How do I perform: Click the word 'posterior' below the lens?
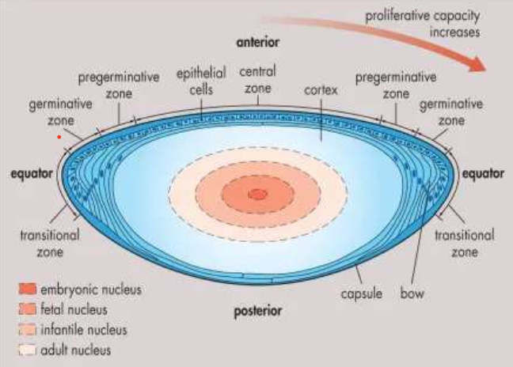pyautogui.click(x=256, y=312)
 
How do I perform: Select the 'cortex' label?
pyautogui.click(x=321, y=91)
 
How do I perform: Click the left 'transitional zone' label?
pyautogui.click(x=49, y=243)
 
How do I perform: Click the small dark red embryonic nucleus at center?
pyautogui.click(x=257, y=194)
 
